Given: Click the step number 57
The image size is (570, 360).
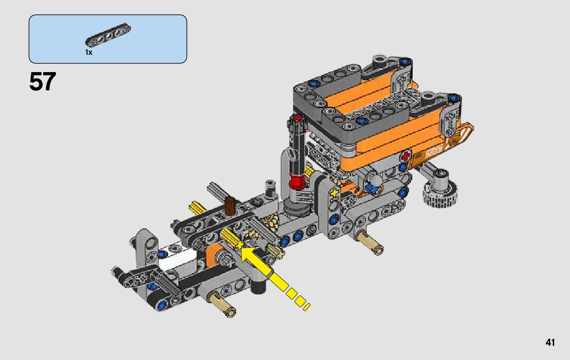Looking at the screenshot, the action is (43, 82).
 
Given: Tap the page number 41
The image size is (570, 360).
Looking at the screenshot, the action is (550, 343).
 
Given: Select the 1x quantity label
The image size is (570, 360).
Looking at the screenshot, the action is (89, 52).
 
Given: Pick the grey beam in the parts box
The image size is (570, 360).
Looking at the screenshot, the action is (108, 35).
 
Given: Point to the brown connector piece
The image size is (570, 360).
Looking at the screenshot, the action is (230, 206).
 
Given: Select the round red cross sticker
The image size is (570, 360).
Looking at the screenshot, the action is (405, 157).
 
